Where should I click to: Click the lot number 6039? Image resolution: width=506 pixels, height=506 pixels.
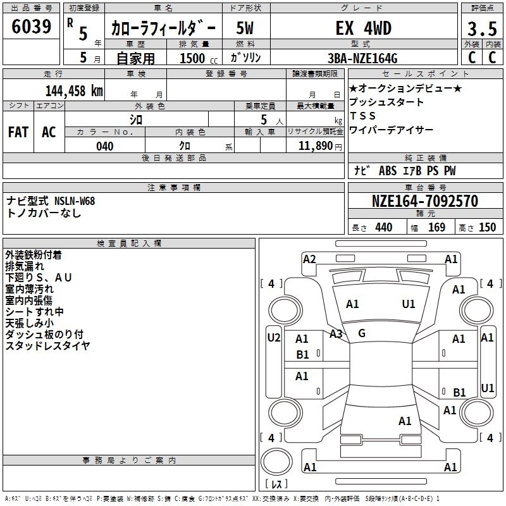coord(31,27)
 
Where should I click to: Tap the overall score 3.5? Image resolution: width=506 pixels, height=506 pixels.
coord(482,28)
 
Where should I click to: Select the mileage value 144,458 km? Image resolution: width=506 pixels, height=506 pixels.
coord(74,91)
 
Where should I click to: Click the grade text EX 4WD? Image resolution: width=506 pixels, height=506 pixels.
coord(363,28)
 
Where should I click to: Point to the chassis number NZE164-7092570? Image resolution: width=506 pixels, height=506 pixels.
coord(425,201)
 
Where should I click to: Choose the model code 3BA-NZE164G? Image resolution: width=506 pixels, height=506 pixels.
coord(362,58)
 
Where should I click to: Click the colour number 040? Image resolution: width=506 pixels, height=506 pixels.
coord(105,146)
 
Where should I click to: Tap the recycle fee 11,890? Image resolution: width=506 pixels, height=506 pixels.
coord(315,146)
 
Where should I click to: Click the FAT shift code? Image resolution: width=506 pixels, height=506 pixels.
coord(18,132)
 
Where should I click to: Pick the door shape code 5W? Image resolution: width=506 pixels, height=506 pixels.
coord(245,28)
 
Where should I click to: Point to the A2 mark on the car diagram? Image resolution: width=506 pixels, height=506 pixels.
coord(309,259)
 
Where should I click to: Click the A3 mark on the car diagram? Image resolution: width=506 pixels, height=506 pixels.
coord(336,334)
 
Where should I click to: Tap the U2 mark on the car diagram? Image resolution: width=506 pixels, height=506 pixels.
coord(274,338)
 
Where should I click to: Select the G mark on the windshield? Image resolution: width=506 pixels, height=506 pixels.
coord(362,333)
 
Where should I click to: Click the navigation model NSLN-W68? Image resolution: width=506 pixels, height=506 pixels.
coord(75,201)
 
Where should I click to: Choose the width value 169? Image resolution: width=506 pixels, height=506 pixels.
coord(436,228)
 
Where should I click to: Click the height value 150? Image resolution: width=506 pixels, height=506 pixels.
coord(487,228)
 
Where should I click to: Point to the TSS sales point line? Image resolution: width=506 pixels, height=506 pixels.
coord(362,116)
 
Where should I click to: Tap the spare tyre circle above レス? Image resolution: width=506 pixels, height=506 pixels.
coord(276,462)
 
